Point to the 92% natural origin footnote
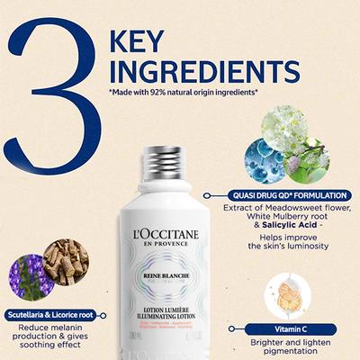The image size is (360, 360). pyautogui.click(x=185, y=93)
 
